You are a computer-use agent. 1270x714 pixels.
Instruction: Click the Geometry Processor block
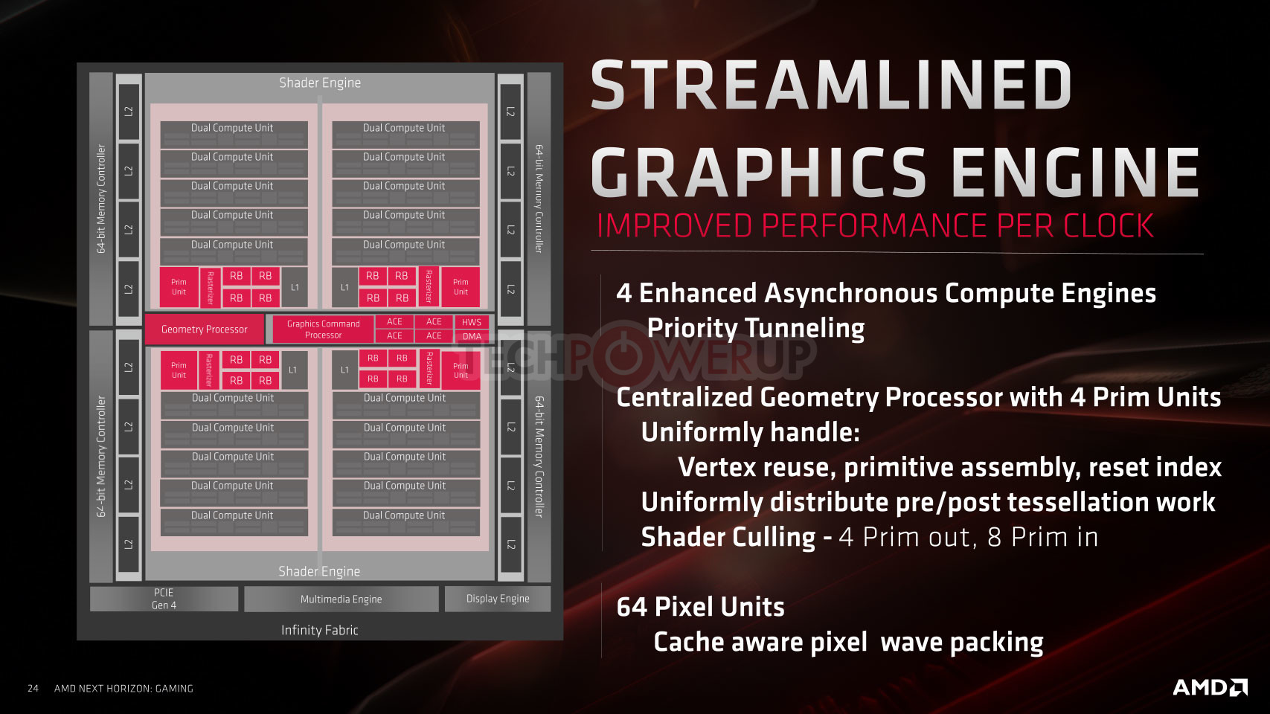[x=204, y=329]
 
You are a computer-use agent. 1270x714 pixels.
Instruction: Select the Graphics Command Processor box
[x=323, y=329]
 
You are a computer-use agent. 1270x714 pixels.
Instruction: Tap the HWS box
[x=471, y=322]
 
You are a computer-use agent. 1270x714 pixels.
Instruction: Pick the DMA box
[x=471, y=336]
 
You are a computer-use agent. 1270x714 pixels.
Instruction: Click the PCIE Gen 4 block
[x=164, y=599]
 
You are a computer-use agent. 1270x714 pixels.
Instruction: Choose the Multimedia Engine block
[x=341, y=599]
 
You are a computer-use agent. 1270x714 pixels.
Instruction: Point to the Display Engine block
[x=498, y=599]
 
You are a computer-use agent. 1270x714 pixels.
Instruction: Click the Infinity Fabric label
[x=320, y=630]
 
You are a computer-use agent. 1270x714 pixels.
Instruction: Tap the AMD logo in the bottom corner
[x=1210, y=687]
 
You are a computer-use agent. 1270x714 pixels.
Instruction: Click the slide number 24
[x=33, y=689]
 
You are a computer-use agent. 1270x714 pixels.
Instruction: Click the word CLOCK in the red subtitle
[x=1109, y=225]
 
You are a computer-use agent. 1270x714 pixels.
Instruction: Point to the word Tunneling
[x=756, y=329]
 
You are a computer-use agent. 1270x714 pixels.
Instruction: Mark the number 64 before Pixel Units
[x=632, y=607]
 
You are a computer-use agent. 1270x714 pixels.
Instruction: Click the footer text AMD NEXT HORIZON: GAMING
[x=124, y=689]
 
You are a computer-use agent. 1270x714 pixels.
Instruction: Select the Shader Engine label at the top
[x=320, y=83]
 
